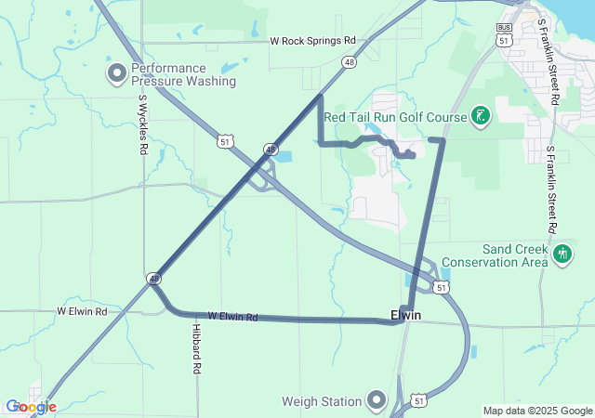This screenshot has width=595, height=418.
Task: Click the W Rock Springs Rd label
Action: pyautogui.click(x=313, y=41)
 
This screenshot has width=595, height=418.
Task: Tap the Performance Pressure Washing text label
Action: pyautogui.click(x=183, y=74)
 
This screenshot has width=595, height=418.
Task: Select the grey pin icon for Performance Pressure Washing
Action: pyautogui.click(x=117, y=73)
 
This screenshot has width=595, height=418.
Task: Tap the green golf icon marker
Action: pyautogui.click(x=481, y=116)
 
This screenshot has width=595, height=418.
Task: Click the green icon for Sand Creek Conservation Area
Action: pyautogui.click(x=562, y=254)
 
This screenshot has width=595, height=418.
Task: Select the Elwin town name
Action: pyautogui.click(x=405, y=316)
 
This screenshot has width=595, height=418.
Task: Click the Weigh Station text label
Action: pyautogui.click(x=322, y=401)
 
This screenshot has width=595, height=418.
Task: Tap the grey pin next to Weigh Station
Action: pyautogui.click(x=377, y=401)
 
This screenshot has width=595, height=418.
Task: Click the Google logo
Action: pyautogui.click(x=31, y=407)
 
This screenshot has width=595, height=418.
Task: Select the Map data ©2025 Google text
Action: pyautogui.click(x=536, y=411)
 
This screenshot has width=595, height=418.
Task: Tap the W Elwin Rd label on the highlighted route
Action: pyautogui.click(x=232, y=317)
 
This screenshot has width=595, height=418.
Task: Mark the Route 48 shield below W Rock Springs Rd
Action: pyautogui.click(x=349, y=62)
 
